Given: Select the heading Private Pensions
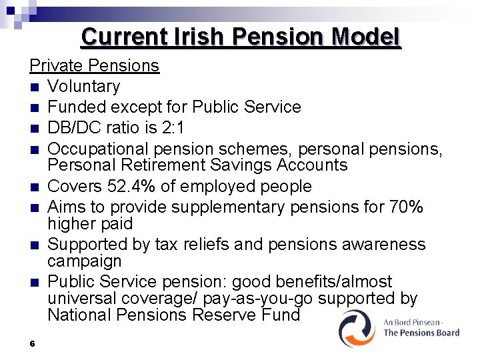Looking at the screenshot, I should click(94, 65).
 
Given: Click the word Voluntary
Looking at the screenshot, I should click(84, 86).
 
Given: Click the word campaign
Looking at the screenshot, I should click(85, 261).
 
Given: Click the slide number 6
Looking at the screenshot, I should click(32, 344).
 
